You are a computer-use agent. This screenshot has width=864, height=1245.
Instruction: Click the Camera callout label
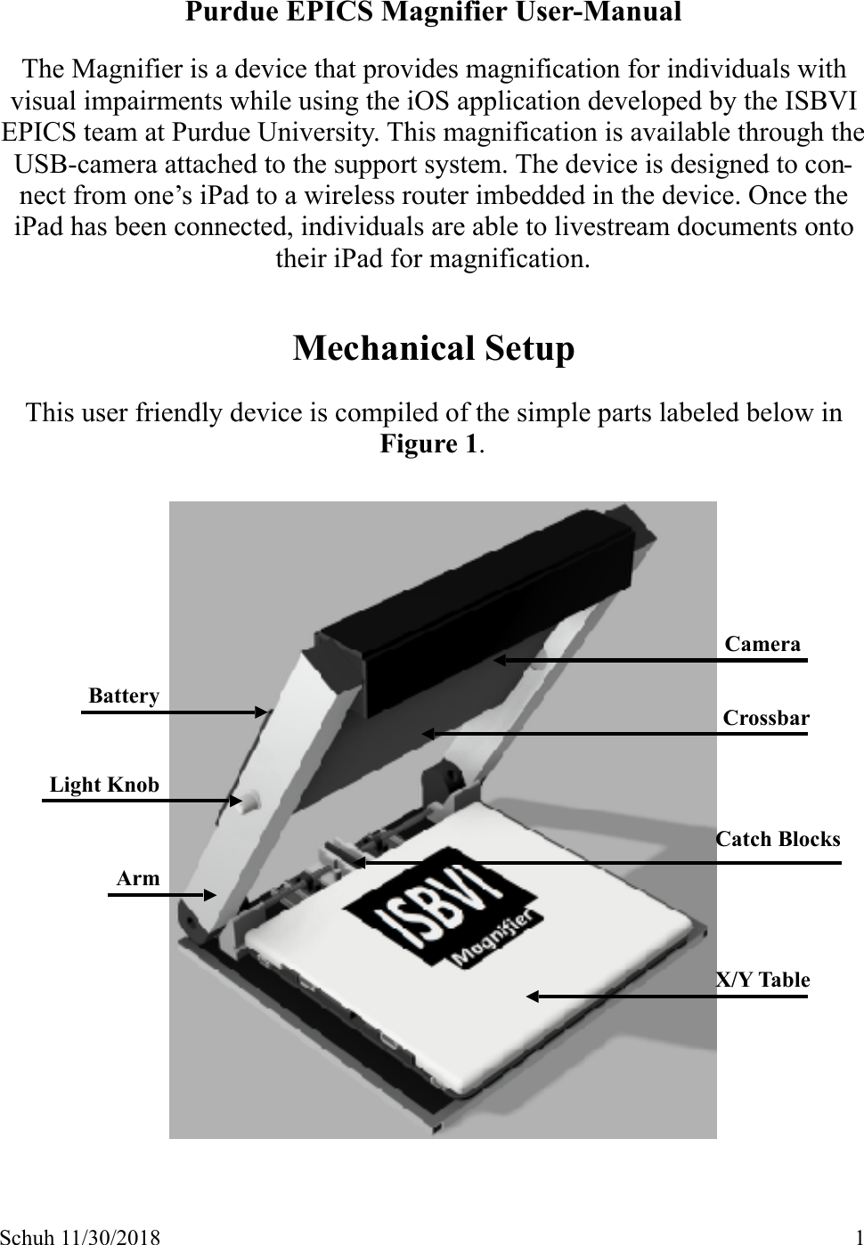pyautogui.click(x=762, y=644)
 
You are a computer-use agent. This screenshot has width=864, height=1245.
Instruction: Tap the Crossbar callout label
pyautogui.click(x=766, y=718)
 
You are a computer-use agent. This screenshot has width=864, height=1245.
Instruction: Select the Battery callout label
pyautogui.click(x=124, y=696)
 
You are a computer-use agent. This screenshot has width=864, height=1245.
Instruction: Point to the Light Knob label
pyautogui.click(x=104, y=785)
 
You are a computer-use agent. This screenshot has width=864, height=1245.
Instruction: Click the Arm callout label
pyautogui.click(x=138, y=878)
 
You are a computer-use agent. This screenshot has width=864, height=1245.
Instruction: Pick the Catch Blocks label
pyautogui.click(x=778, y=839)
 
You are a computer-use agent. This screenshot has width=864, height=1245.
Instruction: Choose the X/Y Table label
pyautogui.click(x=763, y=980)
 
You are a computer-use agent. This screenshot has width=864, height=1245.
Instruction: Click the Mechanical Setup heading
pyautogui.click(x=434, y=347)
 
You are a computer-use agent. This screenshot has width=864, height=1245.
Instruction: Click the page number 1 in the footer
pyautogui.click(x=857, y=1236)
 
